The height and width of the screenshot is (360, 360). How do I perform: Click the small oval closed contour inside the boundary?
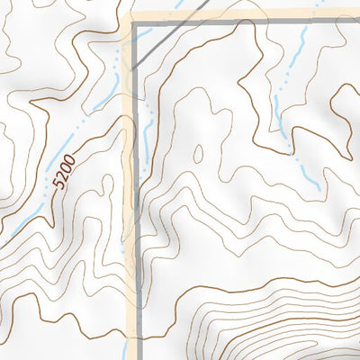point(197,155)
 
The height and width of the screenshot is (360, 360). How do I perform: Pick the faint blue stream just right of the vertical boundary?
point(147,126)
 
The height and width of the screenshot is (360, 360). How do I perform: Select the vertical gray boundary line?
point(136,225)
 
